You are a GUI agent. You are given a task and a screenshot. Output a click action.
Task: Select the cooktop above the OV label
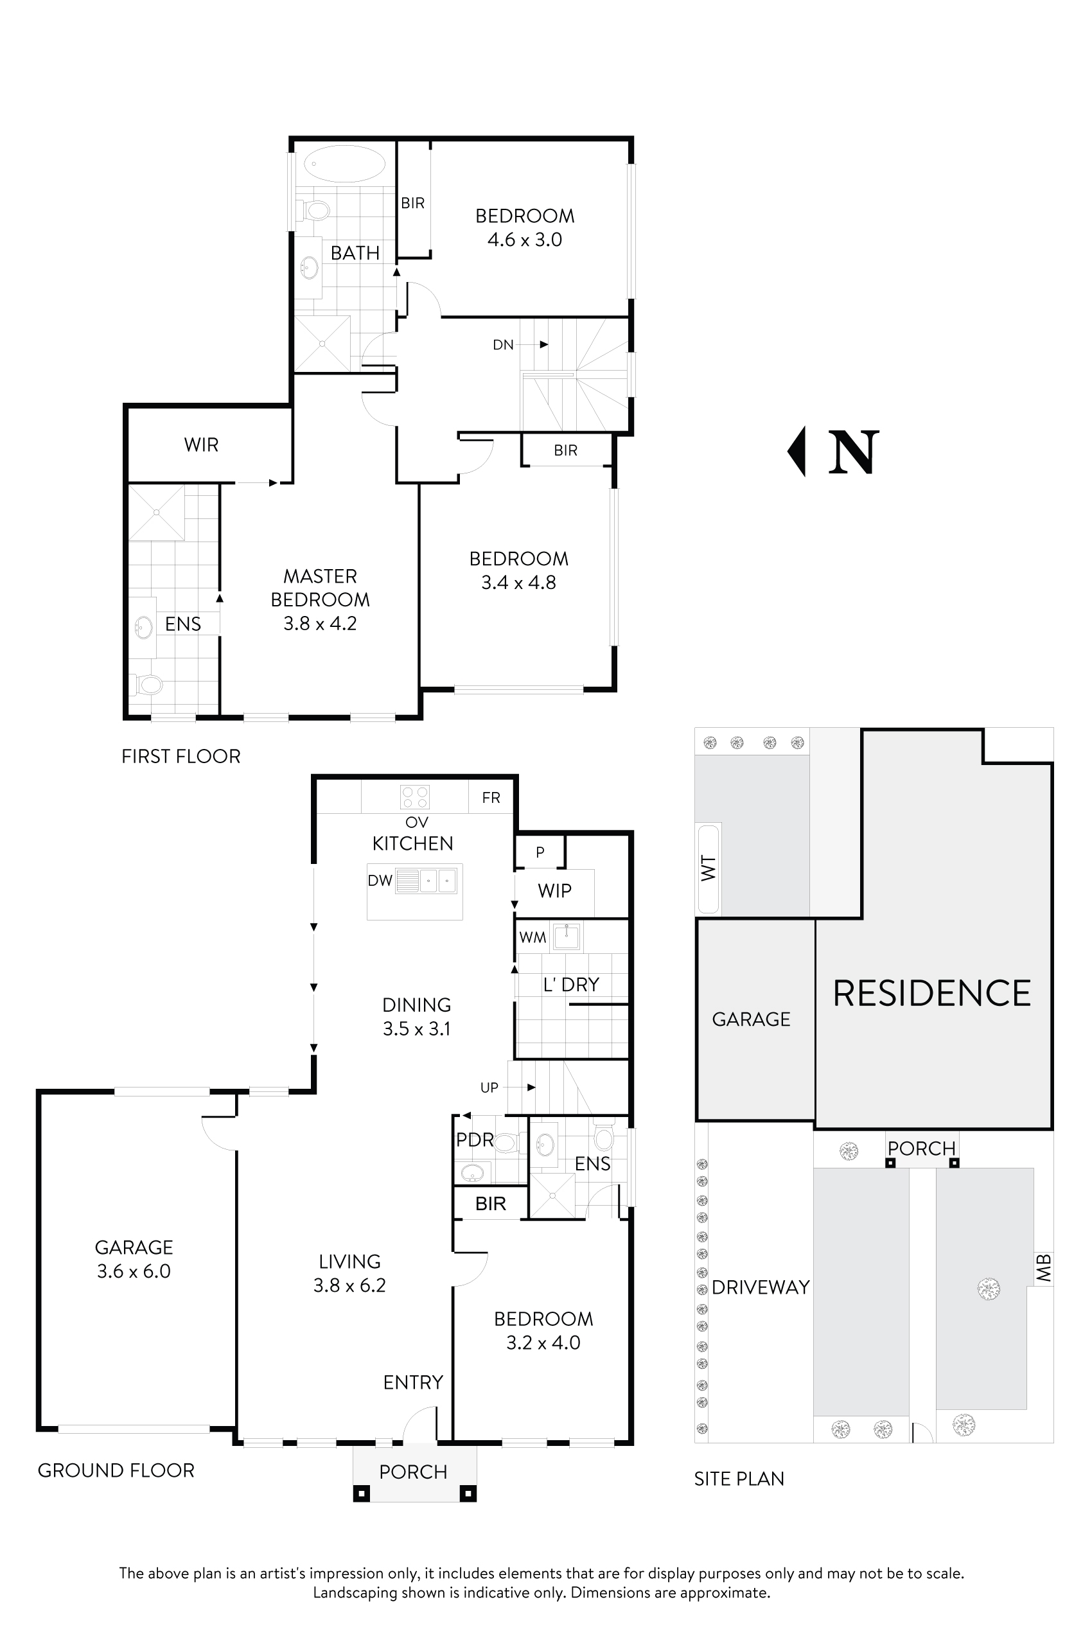point(415,797)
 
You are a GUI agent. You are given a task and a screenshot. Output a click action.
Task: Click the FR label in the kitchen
point(491,797)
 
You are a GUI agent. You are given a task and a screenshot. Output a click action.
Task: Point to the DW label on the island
point(380,880)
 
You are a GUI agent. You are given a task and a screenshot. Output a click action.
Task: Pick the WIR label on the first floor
point(201,445)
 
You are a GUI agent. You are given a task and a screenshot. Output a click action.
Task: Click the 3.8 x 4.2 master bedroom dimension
point(320,623)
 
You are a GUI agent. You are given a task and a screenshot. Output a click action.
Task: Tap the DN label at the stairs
point(503,345)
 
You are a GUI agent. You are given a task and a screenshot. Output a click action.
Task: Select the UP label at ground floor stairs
point(489,1088)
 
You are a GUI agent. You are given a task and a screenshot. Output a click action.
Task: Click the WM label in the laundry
point(533,937)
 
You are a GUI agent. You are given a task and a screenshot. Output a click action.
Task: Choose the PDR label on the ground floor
point(474,1140)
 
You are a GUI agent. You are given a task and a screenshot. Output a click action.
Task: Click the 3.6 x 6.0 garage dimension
point(134,1271)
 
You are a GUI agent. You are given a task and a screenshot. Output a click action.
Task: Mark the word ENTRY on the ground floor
point(413,1382)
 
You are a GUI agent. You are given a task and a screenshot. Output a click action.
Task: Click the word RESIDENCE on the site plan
point(932,993)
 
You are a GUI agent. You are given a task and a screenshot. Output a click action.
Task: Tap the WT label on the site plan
point(709,868)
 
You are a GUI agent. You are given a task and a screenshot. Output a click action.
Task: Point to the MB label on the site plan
point(1043,1267)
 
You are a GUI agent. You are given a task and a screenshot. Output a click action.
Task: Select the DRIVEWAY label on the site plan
point(761,1287)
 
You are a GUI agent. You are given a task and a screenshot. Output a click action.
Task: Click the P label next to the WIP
point(540,852)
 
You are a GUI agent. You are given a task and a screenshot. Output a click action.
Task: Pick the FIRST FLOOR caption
point(181,756)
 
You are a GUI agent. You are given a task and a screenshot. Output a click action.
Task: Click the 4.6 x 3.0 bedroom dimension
point(524,240)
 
